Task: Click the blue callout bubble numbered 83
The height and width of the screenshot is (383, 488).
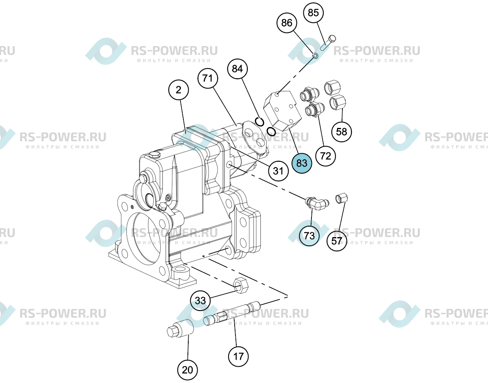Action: coord(302,163)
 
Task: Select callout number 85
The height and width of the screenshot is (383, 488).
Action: coord(313,13)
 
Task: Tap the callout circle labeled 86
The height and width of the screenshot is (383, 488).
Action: coord(287,23)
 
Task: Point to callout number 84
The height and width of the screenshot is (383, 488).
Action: coord(237,68)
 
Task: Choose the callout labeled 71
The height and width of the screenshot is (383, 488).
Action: coord(208,78)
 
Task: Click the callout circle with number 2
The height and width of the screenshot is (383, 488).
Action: coord(179,90)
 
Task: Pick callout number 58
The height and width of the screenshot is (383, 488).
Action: coord(342,132)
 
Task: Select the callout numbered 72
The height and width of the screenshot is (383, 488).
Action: coord(325,156)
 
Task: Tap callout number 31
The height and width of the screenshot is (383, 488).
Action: coord(278,171)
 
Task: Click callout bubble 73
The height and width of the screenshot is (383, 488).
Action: coord(309,236)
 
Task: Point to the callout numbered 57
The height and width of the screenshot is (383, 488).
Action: coord(337,241)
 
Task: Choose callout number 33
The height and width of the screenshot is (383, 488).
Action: coord(200,300)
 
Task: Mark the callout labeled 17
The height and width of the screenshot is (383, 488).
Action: coord(238,357)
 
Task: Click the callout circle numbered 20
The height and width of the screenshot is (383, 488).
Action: coord(187,370)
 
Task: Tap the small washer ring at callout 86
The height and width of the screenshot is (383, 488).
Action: coord(315,55)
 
